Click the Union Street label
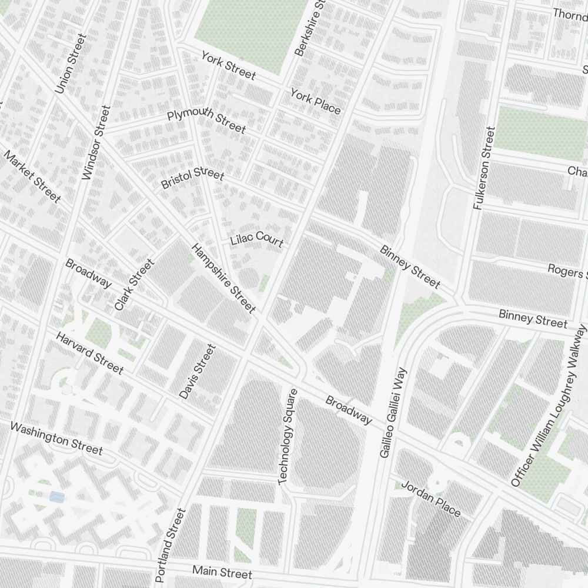pos(71,64)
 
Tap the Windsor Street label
pos(96,142)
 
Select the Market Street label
pos(32,176)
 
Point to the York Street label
pos(228,65)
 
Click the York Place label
pos(315,101)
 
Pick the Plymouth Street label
pos(206,121)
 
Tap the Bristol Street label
pos(192,179)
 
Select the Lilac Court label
pos(257,241)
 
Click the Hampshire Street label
pos(224,278)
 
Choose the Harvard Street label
pos(89,353)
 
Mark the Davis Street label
pos(198,372)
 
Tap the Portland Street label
pos(171,545)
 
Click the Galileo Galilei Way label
pos(393,413)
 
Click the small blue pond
pos(56,497)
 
